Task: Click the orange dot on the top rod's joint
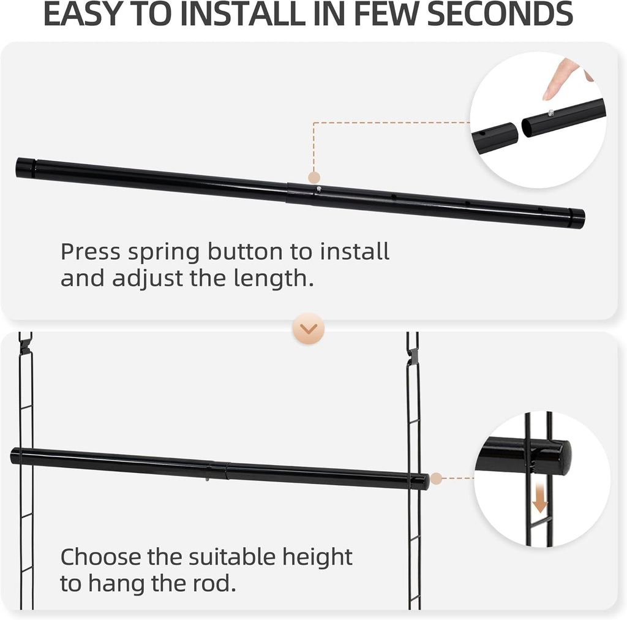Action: tap(314, 178)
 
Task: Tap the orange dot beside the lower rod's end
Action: tap(435, 478)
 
